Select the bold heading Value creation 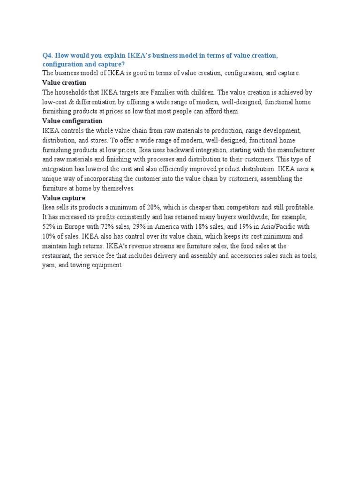click(64, 82)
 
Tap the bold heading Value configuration click(72, 121)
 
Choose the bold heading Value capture click(64, 198)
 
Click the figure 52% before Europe click(49, 226)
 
